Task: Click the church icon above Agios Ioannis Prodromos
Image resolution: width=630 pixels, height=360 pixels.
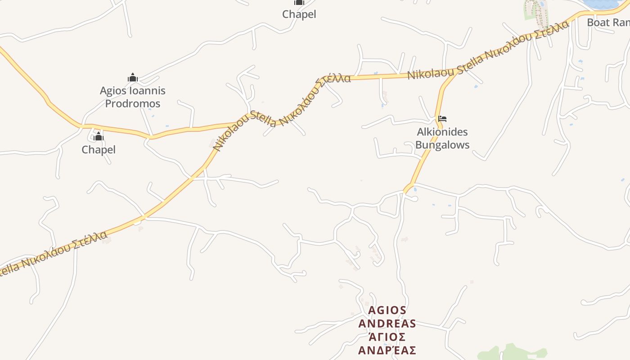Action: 132,78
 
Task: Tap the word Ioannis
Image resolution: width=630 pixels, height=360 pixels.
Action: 147,91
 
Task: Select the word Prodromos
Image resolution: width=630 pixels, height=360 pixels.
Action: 133,103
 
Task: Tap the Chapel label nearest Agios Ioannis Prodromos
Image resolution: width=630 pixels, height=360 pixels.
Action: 99,149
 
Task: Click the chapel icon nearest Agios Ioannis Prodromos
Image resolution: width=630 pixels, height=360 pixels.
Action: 99,137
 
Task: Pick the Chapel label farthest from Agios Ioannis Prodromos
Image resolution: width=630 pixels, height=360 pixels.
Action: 299,14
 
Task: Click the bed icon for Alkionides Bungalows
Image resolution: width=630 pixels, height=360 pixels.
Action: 442,119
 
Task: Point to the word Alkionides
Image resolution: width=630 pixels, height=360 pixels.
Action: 442,132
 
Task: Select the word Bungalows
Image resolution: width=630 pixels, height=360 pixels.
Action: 442,145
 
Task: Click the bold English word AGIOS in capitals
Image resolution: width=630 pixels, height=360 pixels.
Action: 387,310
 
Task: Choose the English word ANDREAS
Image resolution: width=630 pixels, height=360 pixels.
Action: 387,324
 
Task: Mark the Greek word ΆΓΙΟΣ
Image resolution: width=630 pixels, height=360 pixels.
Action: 387,337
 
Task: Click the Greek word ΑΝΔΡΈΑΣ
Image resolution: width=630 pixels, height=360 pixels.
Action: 387,350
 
